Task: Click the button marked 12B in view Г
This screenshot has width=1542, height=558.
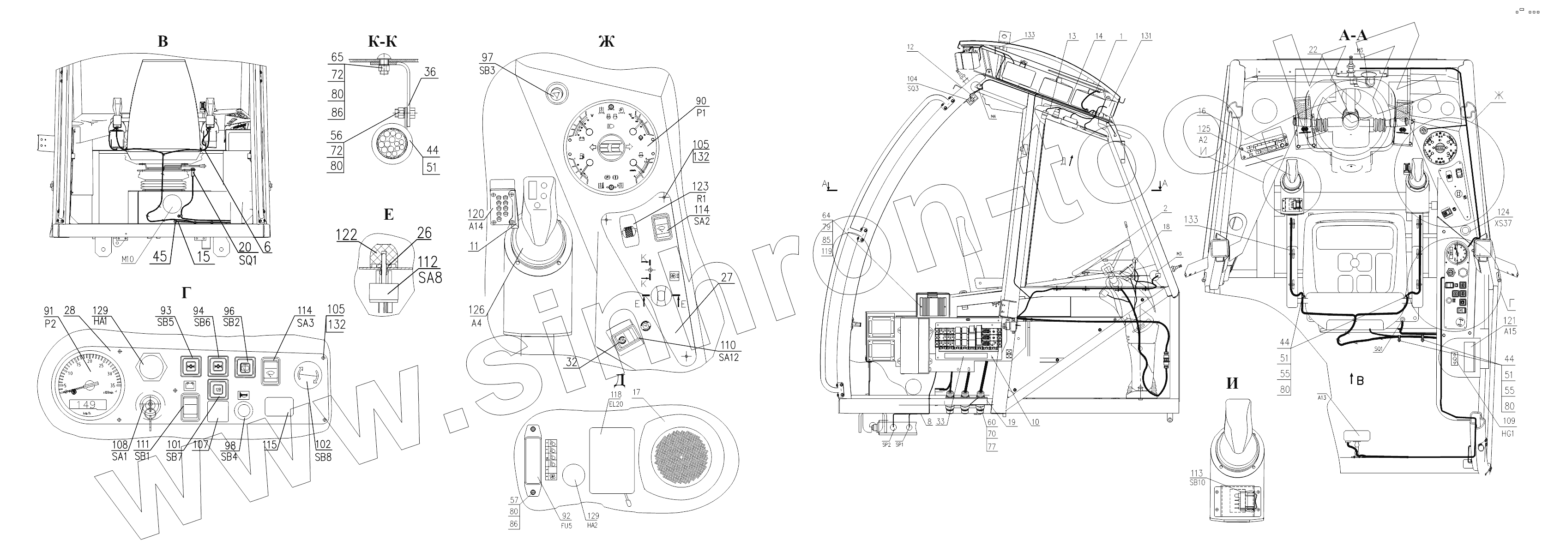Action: [x=218, y=389]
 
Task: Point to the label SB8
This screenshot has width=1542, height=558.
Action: [x=323, y=456]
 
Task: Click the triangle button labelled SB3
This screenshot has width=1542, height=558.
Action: [x=555, y=94]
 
